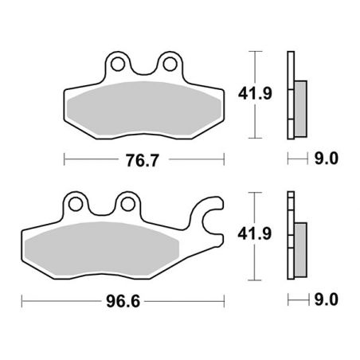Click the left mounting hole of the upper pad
pyautogui.click(x=118, y=61)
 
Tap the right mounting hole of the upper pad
pyautogui.click(x=169, y=61)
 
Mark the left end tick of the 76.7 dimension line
pyautogui.click(x=63, y=158)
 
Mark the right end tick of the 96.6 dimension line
pyautogui.click(x=225, y=301)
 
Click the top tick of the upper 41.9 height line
pyautogui.click(x=253, y=51)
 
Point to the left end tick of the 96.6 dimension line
pyautogui.click(x=23, y=301)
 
